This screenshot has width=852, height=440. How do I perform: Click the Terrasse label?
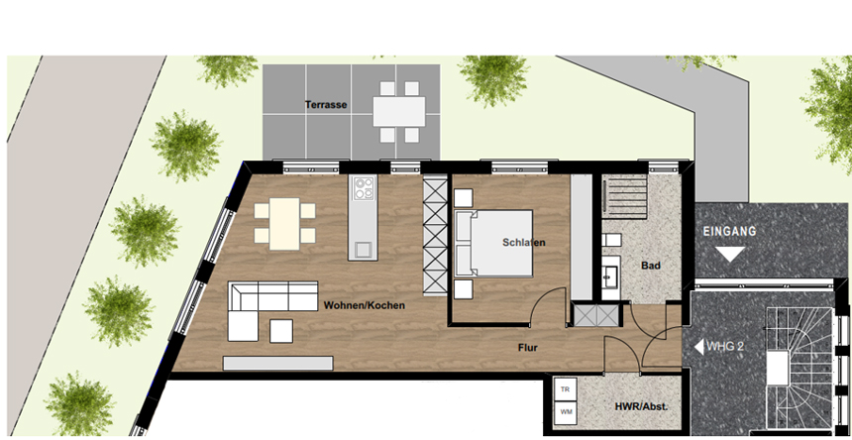click(326, 105)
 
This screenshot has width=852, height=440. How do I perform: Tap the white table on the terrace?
click(399, 111)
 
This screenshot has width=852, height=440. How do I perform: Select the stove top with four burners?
click(363, 188)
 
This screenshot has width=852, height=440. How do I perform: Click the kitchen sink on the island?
click(363, 250)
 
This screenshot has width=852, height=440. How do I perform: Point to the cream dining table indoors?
click(284, 224)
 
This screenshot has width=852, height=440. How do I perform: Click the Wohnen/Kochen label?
click(364, 306)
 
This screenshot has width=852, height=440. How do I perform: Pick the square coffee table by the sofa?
click(281, 331)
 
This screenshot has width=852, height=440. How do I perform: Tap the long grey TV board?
click(277, 363)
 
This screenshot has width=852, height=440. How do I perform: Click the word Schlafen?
click(524, 242)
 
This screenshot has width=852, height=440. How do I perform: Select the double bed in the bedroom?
click(493, 244)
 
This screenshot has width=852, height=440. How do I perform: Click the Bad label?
click(651, 266)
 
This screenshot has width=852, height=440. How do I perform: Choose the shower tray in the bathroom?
click(624, 195)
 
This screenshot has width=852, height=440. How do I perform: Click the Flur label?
click(528, 348)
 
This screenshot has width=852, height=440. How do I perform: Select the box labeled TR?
click(565, 388)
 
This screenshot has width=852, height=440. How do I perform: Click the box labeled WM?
click(565, 412)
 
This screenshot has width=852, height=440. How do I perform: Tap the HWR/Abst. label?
click(641, 406)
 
